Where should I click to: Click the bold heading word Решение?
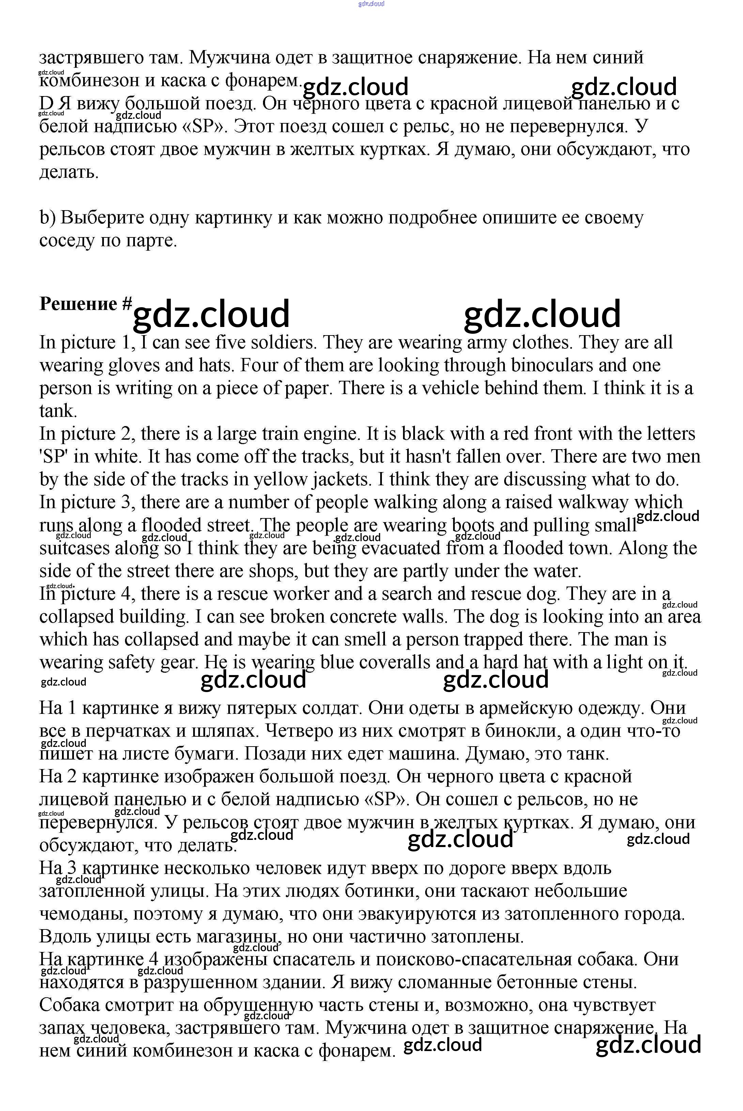[x=78, y=304]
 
